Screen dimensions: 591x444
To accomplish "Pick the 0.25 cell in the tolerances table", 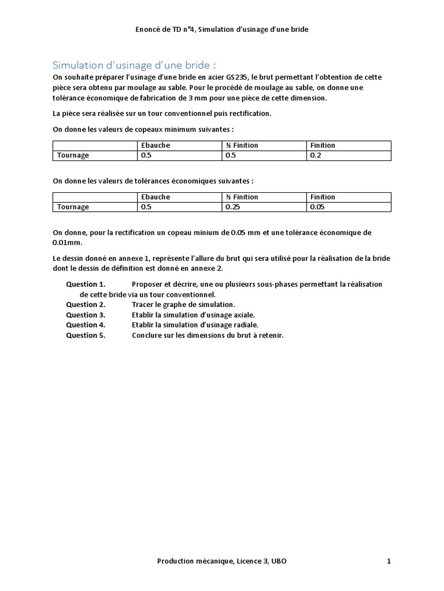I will [x=233, y=207].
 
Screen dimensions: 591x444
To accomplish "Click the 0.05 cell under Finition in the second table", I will [x=318, y=207].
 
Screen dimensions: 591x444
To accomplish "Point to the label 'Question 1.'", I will [x=86, y=285].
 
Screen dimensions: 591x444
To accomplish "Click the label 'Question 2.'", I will [x=86, y=305].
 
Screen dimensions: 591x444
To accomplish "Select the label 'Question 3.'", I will [x=86, y=315].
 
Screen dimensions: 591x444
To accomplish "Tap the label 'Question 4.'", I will [x=86, y=325].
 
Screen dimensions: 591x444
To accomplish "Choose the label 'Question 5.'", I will [x=86, y=335].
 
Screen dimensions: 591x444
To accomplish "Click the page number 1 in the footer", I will [x=389, y=561].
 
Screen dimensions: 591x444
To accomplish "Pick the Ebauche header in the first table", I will [x=156, y=145].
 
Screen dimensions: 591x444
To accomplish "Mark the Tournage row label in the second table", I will [x=72, y=207].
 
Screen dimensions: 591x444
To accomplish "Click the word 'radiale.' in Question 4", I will [x=245, y=325].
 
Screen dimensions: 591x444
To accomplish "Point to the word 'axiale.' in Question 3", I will [x=243, y=315].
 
